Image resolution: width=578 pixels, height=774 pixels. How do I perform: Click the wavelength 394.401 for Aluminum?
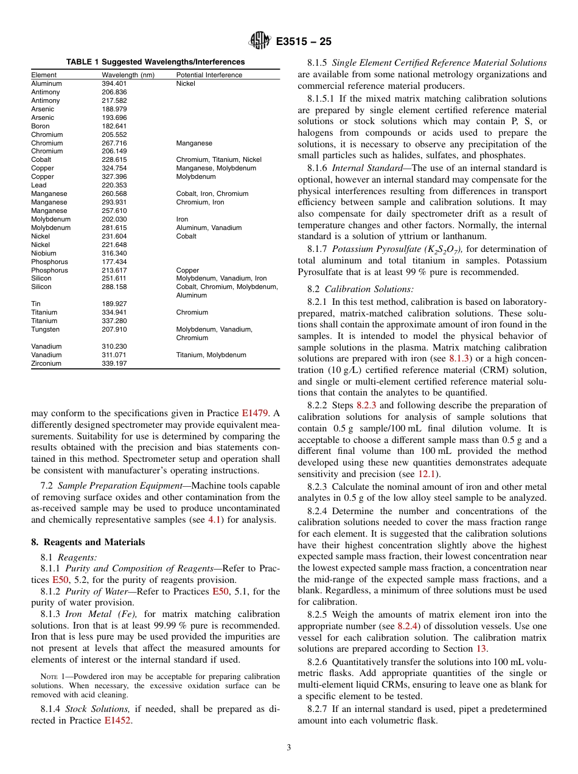click(114, 83)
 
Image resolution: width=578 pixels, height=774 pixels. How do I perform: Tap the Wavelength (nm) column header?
click(128, 75)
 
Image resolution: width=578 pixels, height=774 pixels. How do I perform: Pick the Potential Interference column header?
click(209, 75)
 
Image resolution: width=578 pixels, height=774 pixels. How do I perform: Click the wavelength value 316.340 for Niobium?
click(114, 253)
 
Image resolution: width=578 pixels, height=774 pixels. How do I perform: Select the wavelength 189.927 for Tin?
click(114, 304)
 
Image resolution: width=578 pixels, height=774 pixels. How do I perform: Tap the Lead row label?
click(38, 185)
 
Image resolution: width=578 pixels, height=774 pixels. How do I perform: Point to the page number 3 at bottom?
click(288, 748)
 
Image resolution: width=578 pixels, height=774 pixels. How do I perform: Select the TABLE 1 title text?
click(155, 61)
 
